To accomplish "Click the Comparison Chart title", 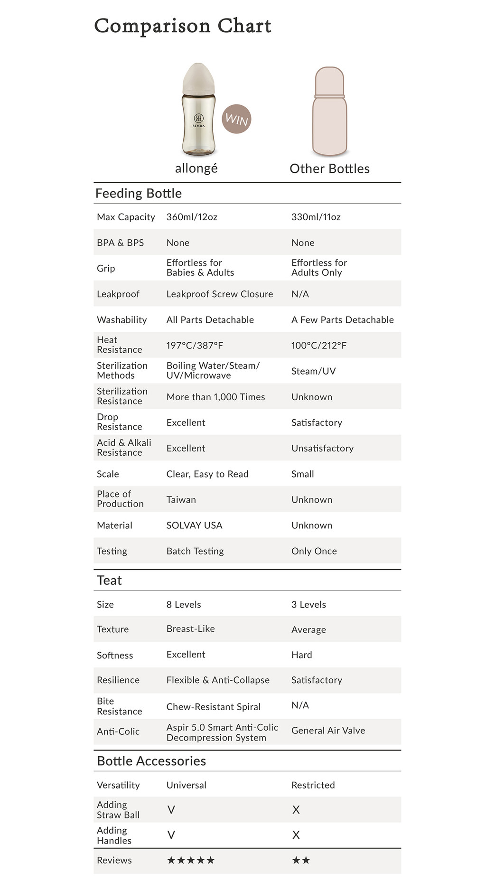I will [183, 26].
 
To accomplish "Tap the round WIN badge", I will [236, 119].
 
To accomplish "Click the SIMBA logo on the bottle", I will [198, 121].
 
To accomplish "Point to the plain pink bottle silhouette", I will [329, 111].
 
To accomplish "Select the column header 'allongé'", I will [196, 169].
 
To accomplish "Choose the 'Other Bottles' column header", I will [329, 169].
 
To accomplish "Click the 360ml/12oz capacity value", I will [192, 217].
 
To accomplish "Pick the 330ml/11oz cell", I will [316, 217].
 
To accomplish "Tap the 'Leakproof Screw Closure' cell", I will [219, 294].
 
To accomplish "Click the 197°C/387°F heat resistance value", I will [195, 345].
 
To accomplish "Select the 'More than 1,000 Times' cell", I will [215, 397].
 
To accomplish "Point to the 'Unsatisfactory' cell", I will [322, 448].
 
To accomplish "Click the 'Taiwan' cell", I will [181, 499].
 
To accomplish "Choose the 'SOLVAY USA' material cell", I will [194, 525].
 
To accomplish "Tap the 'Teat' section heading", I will [109, 580].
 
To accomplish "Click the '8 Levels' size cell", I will [184, 604].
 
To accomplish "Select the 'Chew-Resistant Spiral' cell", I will [213, 706].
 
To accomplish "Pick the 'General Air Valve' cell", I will [328, 730].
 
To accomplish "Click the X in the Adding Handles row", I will [296, 835].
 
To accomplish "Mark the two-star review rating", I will [301, 860].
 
